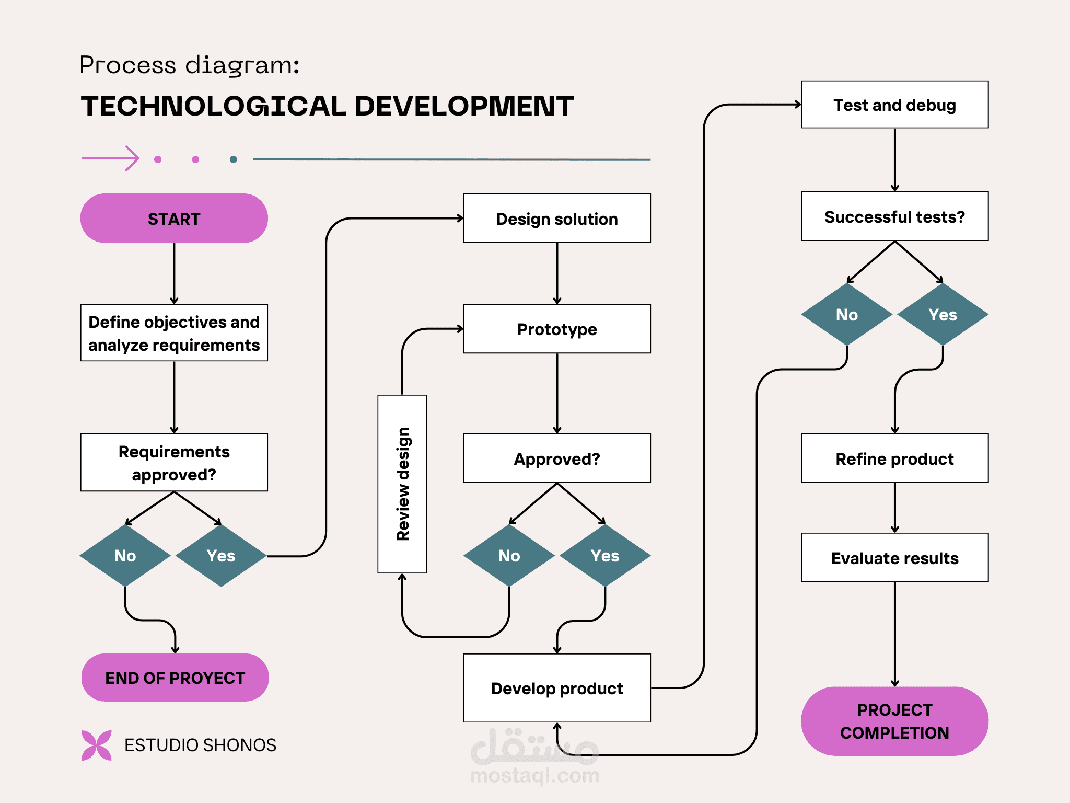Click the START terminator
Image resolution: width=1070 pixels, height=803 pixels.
pyautogui.click(x=174, y=219)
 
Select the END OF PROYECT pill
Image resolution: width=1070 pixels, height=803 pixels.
pyautogui.click(x=175, y=678)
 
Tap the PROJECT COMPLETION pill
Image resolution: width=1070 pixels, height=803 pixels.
pyautogui.click(x=894, y=721)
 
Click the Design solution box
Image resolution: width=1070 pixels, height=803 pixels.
pyautogui.click(x=557, y=219)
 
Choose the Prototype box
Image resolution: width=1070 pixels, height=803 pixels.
pyautogui.click(x=557, y=329)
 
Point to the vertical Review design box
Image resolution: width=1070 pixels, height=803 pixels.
pyautogui.click(x=402, y=484)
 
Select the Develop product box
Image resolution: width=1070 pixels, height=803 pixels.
pyautogui.click(x=557, y=688)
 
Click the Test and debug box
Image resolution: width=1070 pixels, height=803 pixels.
pyautogui.click(x=894, y=105)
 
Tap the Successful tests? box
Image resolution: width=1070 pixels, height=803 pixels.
pyautogui.click(x=894, y=216)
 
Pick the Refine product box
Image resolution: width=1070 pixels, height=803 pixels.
pyautogui.click(x=894, y=458)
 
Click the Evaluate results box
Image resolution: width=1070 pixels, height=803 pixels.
pyautogui.click(x=894, y=558)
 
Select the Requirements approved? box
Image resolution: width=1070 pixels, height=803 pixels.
pyautogui.click(x=174, y=463)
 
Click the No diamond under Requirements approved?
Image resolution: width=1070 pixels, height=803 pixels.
pyautogui.click(x=125, y=556)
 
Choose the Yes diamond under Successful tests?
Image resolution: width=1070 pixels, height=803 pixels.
pyautogui.click(x=943, y=315)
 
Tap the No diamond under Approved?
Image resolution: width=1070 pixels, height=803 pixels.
pyautogui.click(x=509, y=556)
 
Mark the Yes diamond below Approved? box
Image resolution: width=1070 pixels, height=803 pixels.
pyautogui.click(x=605, y=556)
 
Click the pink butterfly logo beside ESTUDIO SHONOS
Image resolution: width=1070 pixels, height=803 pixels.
pyautogui.click(x=97, y=745)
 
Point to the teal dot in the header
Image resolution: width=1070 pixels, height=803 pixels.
pyautogui.click(x=234, y=159)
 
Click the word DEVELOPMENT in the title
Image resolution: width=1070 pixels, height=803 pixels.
pyautogui.click(x=464, y=106)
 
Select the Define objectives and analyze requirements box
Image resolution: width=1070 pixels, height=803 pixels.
pyautogui.click(x=174, y=333)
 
